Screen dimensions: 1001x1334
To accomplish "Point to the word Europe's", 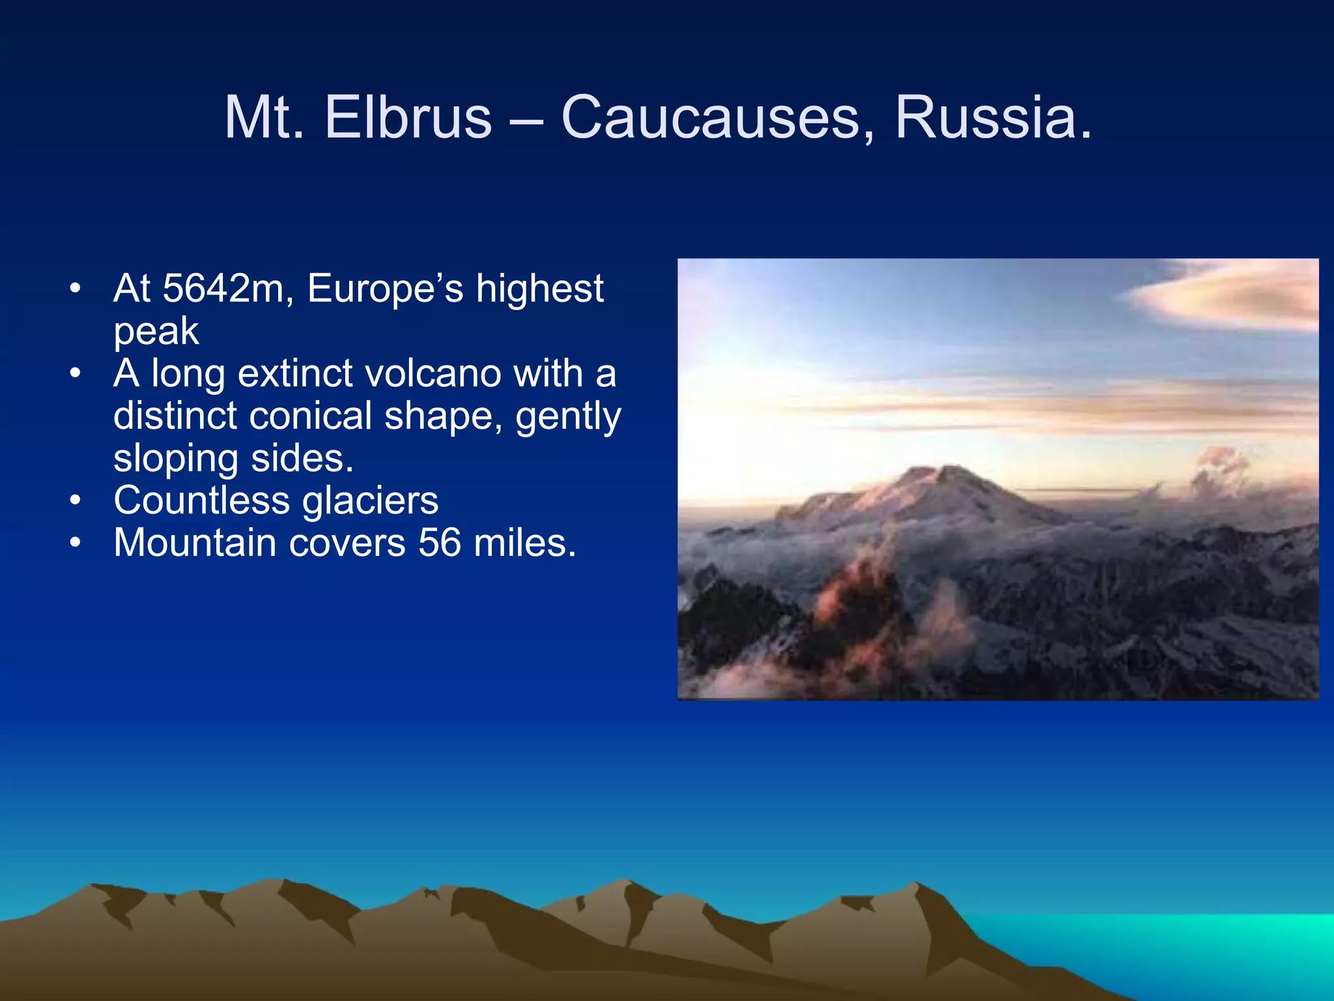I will click(385, 288).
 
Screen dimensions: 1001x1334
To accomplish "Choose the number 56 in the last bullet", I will click(440, 542).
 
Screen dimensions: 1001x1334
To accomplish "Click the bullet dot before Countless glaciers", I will click(76, 500).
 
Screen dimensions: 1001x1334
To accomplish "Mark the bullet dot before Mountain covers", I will click(76, 542).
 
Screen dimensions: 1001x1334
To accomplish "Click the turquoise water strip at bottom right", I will click(1172, 945).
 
